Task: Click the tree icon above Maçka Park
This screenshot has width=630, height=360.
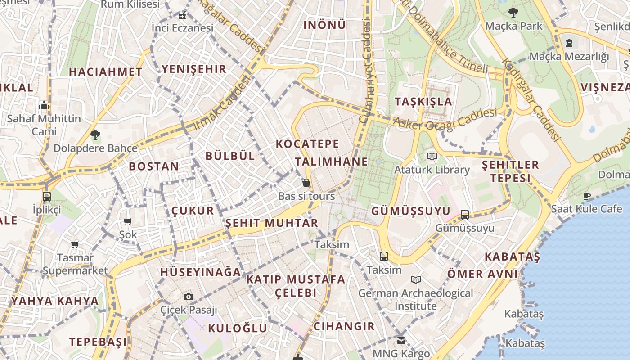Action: coord(513,12)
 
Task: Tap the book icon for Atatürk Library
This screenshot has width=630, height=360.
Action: coord(432,157)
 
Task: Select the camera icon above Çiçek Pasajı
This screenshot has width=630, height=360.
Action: coord(189,297)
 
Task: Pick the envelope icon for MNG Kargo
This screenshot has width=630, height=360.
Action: coord(401,340)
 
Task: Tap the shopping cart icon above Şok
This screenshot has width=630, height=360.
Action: coord(128,221)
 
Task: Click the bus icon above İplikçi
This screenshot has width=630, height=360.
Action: coord(47,196)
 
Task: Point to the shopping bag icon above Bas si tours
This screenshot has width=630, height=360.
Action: coord(306,183)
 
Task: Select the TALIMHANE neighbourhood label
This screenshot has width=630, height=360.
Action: coord(331,162)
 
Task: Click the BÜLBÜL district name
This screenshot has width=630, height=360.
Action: coord(230,156)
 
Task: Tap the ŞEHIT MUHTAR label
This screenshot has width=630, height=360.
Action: coord(271,223)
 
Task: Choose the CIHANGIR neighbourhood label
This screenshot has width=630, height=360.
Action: coord(344,326)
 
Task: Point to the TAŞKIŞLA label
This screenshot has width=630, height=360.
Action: coord(423,101)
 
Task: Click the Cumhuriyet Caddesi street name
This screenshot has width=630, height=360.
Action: coord(367,72)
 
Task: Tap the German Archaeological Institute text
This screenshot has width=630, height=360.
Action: coord(415,300)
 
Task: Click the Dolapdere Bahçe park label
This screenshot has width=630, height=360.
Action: coord(95,148)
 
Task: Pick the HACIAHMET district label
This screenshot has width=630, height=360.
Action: coord(105,72)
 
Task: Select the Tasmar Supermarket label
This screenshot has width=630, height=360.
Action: coord(75,264)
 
